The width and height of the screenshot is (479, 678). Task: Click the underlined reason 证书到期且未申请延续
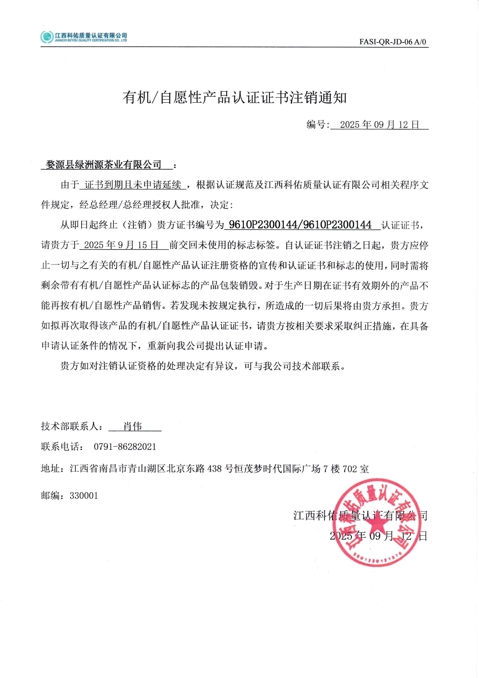click(x=133, y=185)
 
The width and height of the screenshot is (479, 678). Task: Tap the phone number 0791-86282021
click(x=125, y=447)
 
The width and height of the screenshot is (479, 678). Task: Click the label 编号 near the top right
click(x=316, y=125)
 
